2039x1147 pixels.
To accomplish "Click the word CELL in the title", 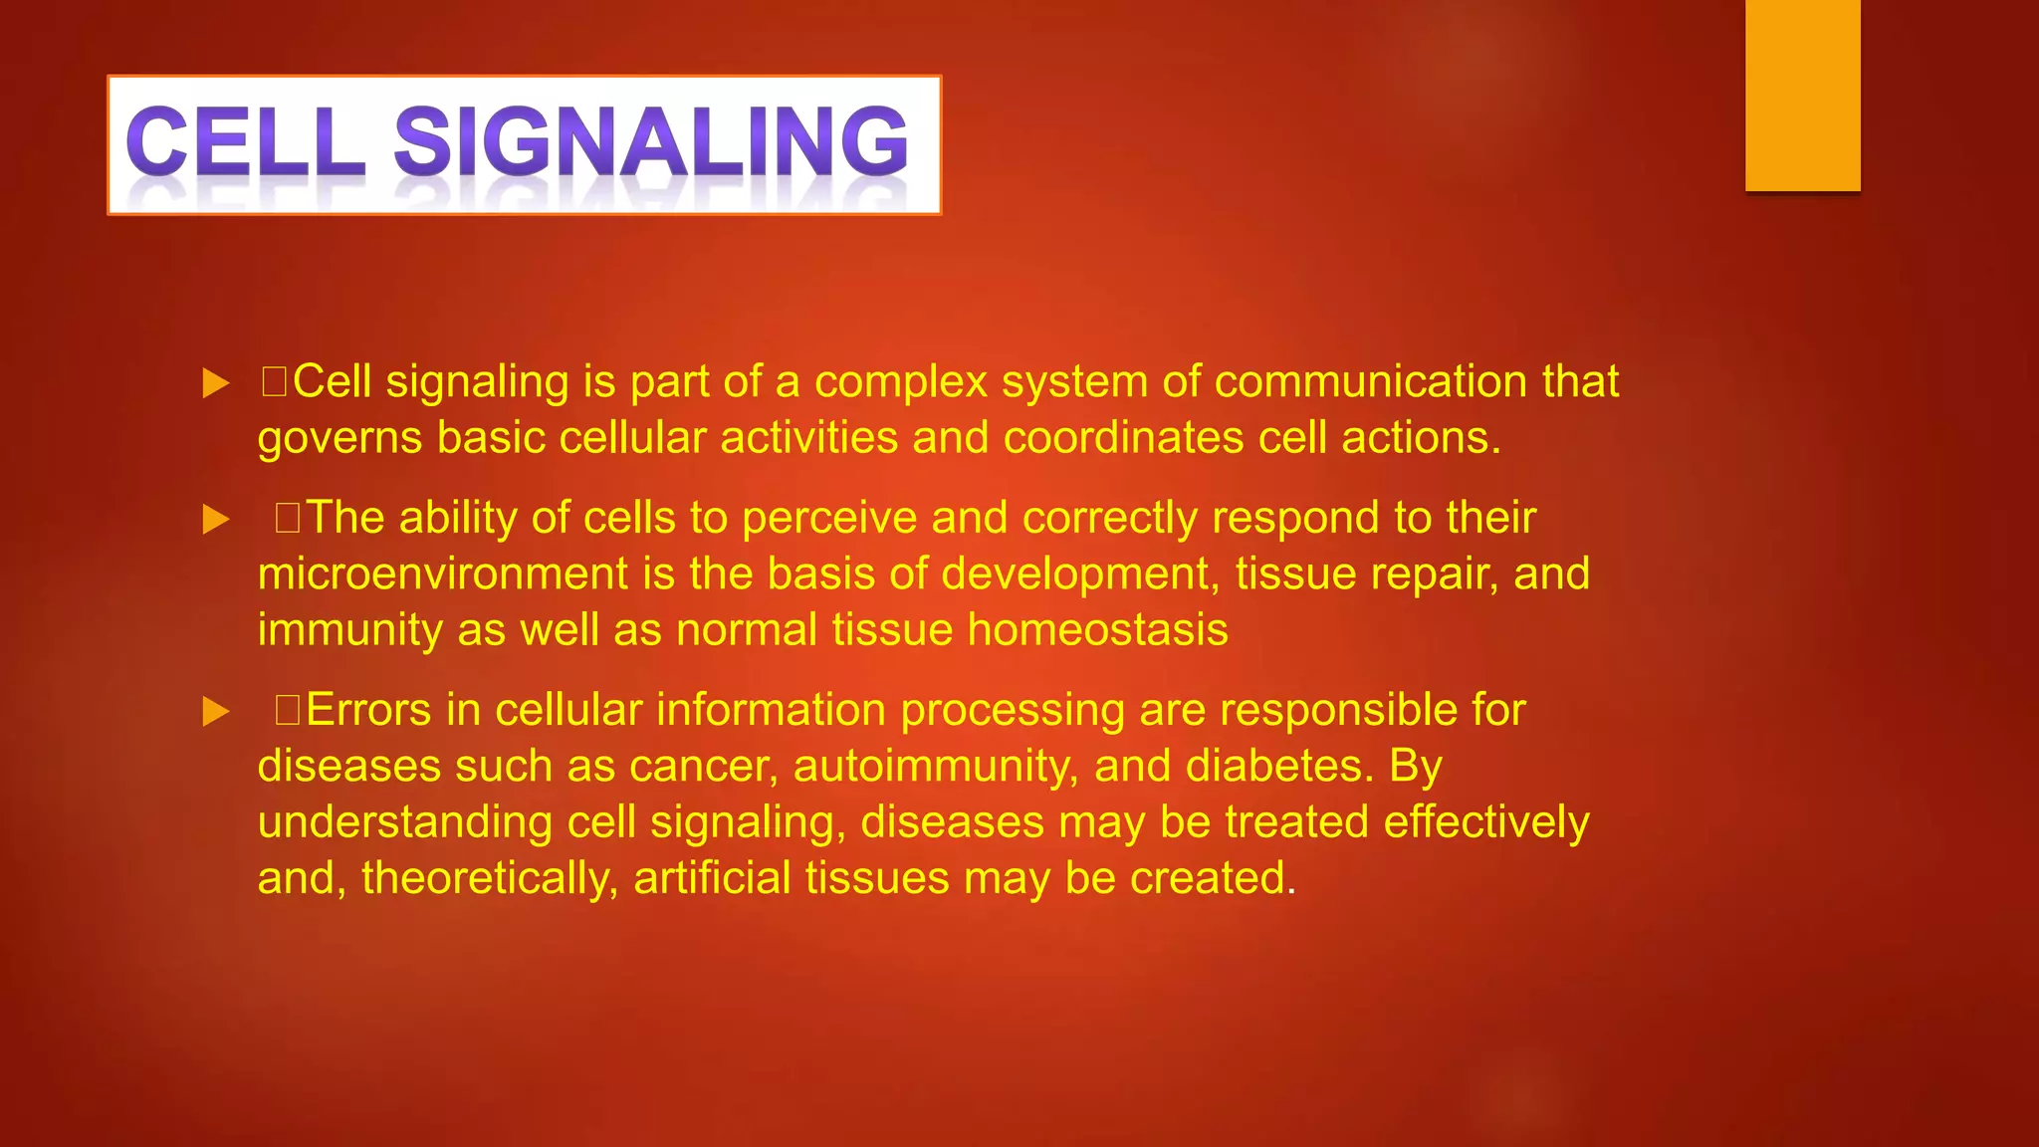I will click(244, 141).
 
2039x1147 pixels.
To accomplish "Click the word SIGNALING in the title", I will click(651, 141).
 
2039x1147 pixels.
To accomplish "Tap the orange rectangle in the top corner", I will click(1802, 95).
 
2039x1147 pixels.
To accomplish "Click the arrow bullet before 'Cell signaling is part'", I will click(216, 383).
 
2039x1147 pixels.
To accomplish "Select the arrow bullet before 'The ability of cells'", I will click(216, 520).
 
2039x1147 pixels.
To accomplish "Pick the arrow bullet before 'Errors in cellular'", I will click(216, 712).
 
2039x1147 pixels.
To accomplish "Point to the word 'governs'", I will click(340, 439).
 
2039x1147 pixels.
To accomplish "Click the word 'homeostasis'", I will click(1097, 630).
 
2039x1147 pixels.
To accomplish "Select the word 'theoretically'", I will click(489, 879).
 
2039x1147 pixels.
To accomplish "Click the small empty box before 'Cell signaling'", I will click(274, 382).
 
